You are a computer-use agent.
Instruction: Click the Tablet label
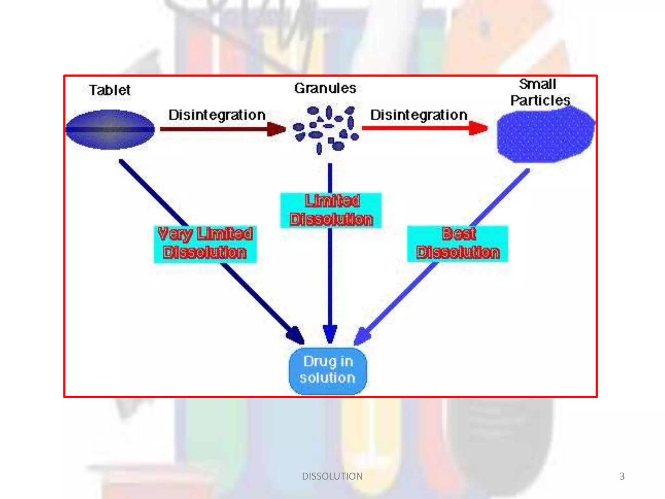point(110,90)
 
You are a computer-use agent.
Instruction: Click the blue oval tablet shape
point(110,129)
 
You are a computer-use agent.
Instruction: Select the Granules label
point(325,88)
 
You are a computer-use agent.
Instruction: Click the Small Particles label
point(539,92)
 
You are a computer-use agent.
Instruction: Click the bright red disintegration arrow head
point(478,128)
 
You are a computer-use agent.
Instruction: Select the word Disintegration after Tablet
point(217,115)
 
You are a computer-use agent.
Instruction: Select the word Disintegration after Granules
point(419,115)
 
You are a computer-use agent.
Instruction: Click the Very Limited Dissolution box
point(205,244)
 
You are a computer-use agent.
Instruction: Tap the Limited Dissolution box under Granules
point(331,210)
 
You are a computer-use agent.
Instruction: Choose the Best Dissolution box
point(458,244)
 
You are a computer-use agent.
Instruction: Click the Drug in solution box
point(328,370)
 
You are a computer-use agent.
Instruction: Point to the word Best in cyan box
point(459,234)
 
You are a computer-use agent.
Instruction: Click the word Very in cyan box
point(175,234)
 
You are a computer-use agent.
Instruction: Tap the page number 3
point(622,476)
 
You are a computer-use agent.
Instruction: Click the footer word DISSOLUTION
point(332,476)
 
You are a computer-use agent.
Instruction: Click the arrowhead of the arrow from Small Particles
point(361,337)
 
